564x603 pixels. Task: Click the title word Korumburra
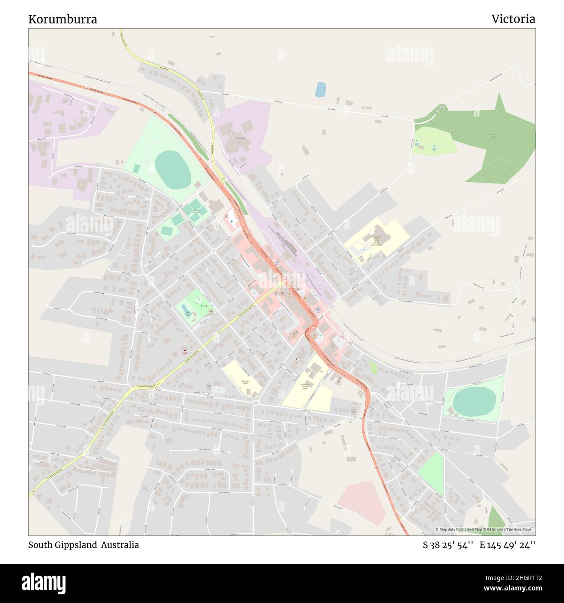tap(62, 19)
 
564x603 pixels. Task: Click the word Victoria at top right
tap(513, 19)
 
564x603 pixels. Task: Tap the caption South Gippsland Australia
tap(83, 545)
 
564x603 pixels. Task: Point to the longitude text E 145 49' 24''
tap(507, 545)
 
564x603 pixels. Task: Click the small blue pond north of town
tap(320, 89)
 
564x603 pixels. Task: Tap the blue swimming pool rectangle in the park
tap(186, 308)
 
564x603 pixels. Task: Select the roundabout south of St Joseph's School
tap(255, 403)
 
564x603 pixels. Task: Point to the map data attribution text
tap(485, 529)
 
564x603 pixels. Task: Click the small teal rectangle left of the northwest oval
tap(136, 168)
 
